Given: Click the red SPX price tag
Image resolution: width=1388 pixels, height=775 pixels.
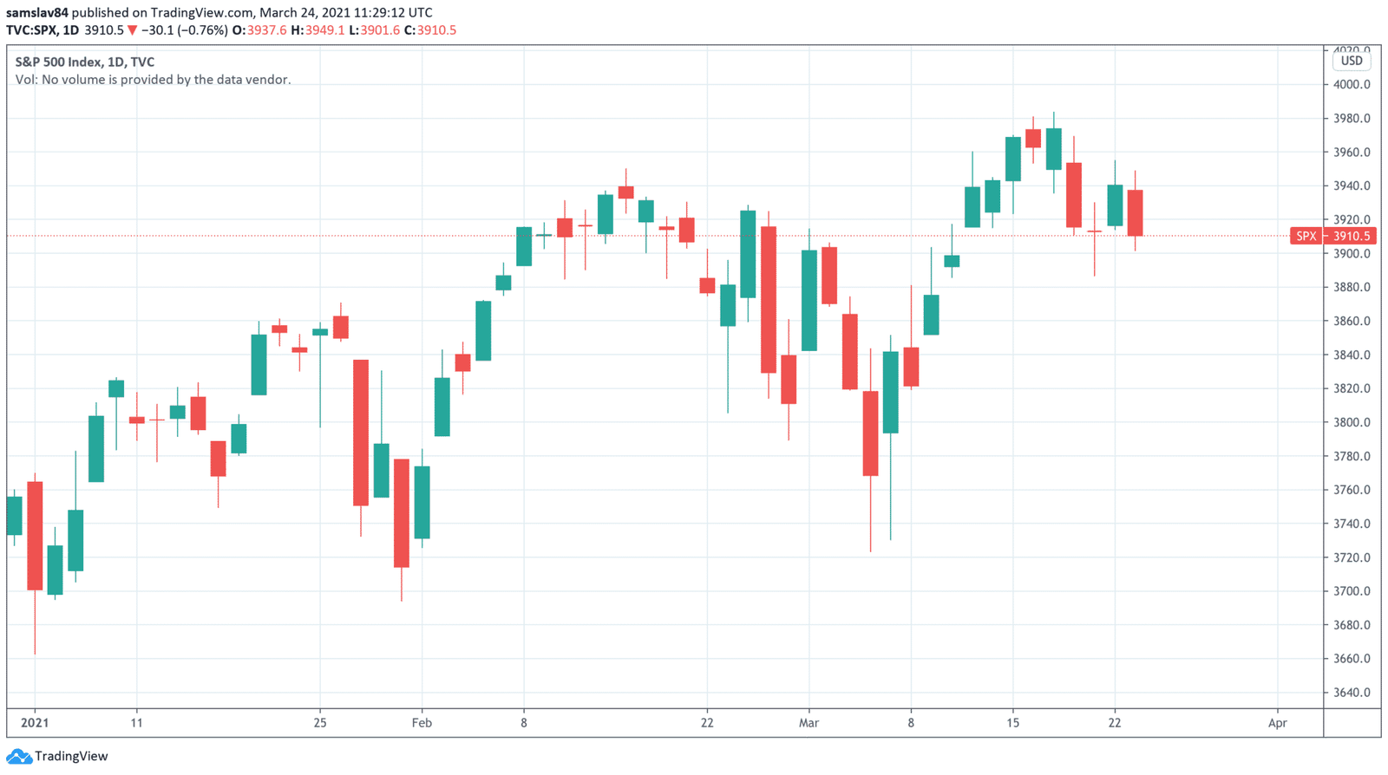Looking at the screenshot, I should [x=1306, y=236].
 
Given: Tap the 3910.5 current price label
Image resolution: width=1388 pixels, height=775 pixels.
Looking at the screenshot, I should [x=1352, y=236].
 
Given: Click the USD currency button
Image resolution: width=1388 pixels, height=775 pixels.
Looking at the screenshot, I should [x=1351, y=61].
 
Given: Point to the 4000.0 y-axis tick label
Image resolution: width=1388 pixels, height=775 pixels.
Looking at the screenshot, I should [x=1352, y=85].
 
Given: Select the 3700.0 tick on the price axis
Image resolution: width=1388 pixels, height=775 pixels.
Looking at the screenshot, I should [x=1352, y=591].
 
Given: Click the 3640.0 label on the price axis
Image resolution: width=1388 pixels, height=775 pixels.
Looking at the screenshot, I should [x=1352, y=693].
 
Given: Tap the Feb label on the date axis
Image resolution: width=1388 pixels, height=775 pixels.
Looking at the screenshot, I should [x=422, y=722].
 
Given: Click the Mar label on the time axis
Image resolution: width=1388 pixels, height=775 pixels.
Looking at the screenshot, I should [x=809, y=722].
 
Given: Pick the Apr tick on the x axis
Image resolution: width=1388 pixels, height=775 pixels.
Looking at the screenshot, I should [x=1277, y=722].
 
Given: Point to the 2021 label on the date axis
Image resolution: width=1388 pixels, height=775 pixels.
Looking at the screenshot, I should [x=35, y=722].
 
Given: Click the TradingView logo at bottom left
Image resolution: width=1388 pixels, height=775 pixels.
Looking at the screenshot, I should [x=57, y=756].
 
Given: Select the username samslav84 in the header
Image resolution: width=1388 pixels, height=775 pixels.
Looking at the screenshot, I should [x=36, y=12].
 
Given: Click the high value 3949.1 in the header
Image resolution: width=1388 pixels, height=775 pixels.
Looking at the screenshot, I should [x=324, y=30].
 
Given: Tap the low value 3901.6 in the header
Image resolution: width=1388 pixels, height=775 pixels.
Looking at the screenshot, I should [x=380, y=30].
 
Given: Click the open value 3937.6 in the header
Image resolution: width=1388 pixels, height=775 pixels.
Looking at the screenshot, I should [x=266, y=30].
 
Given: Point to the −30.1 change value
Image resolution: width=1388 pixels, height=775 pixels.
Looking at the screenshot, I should [x=157, y=30].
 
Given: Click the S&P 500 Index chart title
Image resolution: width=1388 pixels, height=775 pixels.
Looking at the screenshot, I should [x=85, y=62].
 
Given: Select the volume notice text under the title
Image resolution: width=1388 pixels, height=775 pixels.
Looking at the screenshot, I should [x=153, y=80].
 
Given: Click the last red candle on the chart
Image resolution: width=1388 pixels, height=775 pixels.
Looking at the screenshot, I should [x=1135, y=212].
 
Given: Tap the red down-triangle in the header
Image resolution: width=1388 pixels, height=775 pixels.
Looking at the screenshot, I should [x=132, y=30].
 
